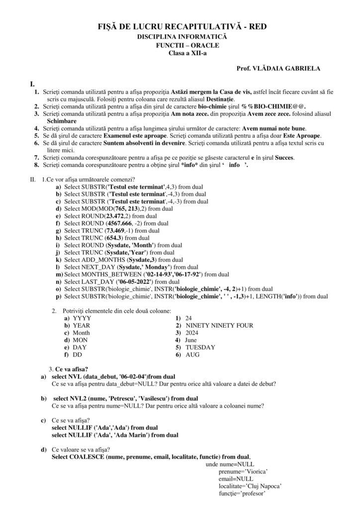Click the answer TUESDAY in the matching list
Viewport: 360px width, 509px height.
(200, 347)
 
